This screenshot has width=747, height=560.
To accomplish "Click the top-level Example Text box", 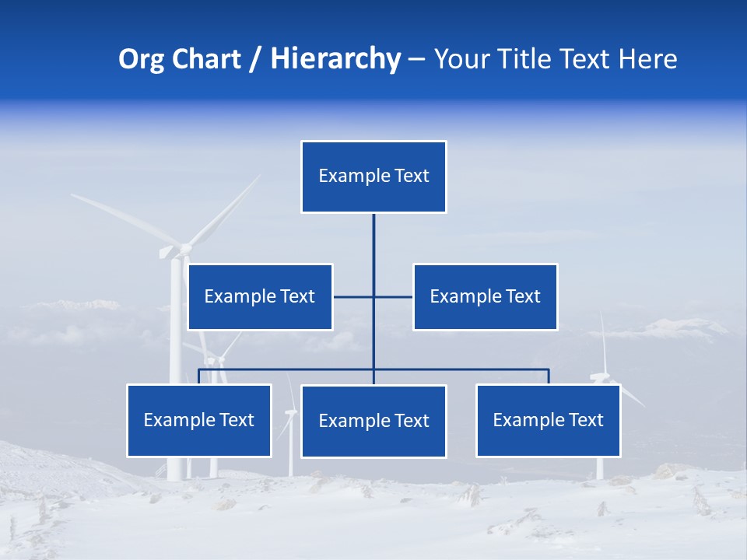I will [x=373, y=177].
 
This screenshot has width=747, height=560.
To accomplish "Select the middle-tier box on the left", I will [x=260, y=296].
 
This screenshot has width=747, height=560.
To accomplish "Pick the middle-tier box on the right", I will [x=485, y=296].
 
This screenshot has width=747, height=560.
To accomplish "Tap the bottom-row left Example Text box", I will [x=199, y=420].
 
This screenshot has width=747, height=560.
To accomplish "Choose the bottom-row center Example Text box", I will [x=373, y=421].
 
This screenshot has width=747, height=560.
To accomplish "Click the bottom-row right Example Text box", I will [x=548, y=420].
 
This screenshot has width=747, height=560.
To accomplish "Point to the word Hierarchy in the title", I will [x=335, y=59].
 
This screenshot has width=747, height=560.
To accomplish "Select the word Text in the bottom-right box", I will [x=585, y=420].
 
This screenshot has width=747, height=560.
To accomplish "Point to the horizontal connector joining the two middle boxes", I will [x=354, y=296].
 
